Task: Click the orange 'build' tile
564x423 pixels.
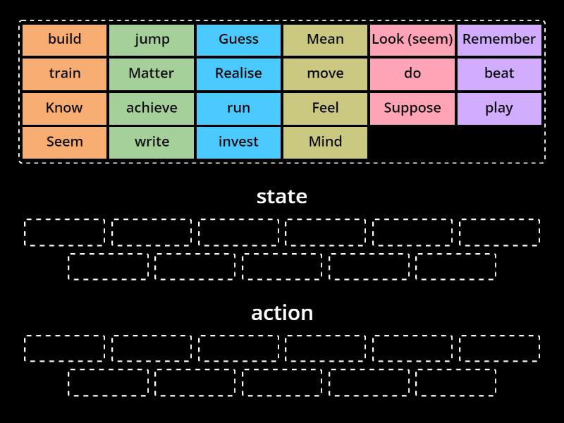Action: coord(65,39)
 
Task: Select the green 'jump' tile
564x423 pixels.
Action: coord(152,39)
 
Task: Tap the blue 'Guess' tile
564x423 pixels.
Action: coord(238,39)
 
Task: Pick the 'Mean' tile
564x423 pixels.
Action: coord(325,39)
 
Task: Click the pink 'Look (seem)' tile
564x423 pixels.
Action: coord(412,39)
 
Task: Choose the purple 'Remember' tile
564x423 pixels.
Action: coord(499,39)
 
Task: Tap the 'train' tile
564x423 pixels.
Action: coord(65,73)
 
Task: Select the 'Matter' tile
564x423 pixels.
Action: coord(152,73)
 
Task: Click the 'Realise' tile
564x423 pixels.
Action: coord(238,73)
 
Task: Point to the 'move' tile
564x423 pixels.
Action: coord(325,73)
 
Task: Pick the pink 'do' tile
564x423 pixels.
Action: coord(412,73)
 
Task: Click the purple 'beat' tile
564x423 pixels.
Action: coord(499,73)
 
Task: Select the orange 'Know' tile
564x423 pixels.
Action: coord(65,108)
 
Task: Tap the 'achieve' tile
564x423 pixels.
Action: coord(152,108)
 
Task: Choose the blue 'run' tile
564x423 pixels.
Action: coord(238,108)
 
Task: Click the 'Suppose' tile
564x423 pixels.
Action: coord(412,108)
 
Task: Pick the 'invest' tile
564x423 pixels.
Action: coord(238,142)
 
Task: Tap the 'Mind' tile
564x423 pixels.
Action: coord(325,142)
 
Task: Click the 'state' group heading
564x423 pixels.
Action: coord(282,196)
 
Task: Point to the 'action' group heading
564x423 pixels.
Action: coord(282,312)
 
